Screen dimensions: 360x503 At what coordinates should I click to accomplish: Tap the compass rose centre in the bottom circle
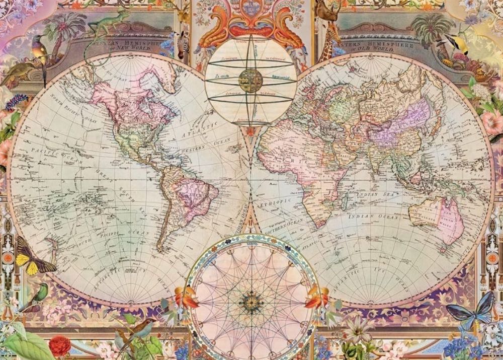pos(251,302)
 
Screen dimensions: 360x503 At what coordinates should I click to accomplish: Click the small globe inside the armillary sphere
pos(250,81)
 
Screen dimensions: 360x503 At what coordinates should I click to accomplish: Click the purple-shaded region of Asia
pos(397,123)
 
